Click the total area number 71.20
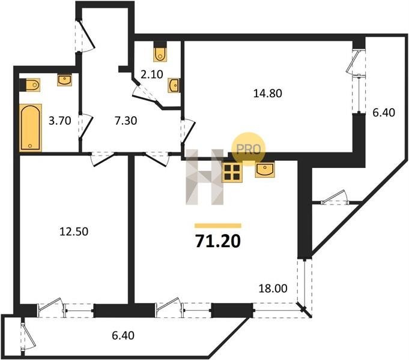pos(218,241)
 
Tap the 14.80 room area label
pos(268,93)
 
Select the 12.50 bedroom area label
pos(74,231)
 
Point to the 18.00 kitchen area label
pos(273,289)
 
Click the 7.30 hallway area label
pos(126,121)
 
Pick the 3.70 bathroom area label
pos(60,121)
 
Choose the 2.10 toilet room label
pos(152,74)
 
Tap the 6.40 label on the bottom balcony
pos(123,335)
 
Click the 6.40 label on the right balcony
pos(383,113)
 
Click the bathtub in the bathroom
pos(31,128)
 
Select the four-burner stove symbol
pos(232,172)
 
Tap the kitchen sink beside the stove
pos(265,170)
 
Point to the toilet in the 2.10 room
pos(160,52)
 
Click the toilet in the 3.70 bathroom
pos(30,85)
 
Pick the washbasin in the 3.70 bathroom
pos(64,80)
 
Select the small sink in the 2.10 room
pos(174,85)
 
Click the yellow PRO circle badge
pos(248,149)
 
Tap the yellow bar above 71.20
pos(218,226)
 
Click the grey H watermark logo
pos(205,177)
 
